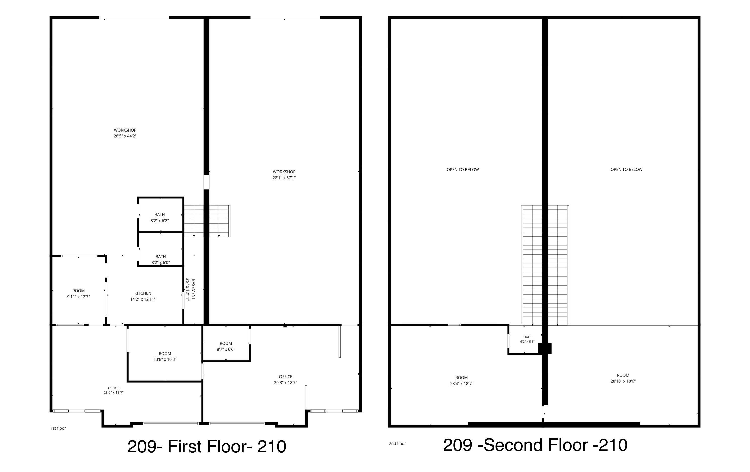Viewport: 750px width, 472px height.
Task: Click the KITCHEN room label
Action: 143,293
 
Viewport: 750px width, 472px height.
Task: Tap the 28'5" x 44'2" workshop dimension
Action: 125,136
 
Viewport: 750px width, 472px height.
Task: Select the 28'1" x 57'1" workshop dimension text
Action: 284,178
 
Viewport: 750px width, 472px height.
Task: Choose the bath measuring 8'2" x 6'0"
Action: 161,260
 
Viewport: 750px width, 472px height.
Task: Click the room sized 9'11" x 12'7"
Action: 78,294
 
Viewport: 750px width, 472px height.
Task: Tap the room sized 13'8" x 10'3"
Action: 165,356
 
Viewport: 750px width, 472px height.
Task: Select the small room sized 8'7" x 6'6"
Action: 226,346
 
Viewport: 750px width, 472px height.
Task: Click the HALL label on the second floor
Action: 527,337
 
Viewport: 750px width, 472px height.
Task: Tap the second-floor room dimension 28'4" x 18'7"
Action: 461,384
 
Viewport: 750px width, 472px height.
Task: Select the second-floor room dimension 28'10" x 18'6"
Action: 623,381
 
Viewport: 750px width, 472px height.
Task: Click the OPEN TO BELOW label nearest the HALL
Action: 463,170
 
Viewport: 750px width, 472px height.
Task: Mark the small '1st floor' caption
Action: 58,428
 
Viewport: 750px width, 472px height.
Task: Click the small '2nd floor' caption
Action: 397,443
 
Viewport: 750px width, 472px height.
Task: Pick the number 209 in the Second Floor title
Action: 457,445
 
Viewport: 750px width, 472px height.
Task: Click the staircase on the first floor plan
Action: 207,221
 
